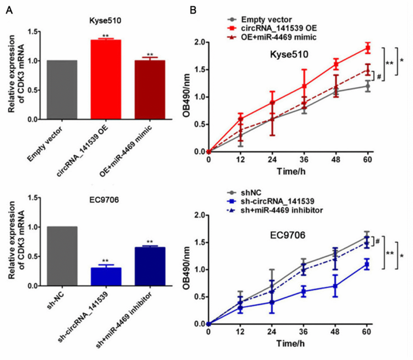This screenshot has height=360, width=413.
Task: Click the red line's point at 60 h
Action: tap(368, 48)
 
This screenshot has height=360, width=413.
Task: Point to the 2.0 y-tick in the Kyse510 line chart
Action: tap(196, 43)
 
